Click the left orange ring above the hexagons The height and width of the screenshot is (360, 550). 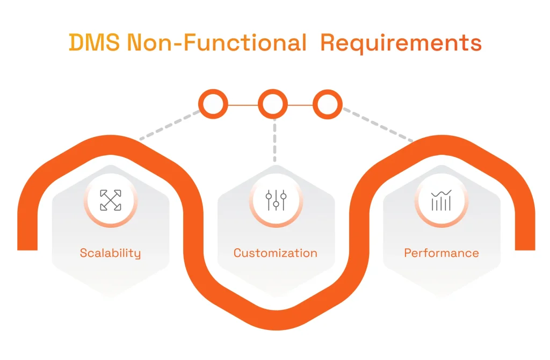[x=213, y=104]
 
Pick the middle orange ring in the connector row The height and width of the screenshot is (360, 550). [x=273, y=104]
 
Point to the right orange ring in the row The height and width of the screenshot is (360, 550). [x=328, y=104]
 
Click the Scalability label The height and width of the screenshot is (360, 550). [x=110, y=253]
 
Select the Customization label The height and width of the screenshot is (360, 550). [x=275, y=253]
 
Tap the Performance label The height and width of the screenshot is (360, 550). [x=442, y=253]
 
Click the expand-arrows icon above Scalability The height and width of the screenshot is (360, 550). [x=111, y=200]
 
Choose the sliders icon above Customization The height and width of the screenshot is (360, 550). [x=276, y=200]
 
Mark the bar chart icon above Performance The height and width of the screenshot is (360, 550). [x=441, y=200]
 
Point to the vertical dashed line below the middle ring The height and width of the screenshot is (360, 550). [x=274, y=141]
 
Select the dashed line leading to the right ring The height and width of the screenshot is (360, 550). [x=379, y=125]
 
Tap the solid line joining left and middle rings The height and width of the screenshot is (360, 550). [x=243, y=104]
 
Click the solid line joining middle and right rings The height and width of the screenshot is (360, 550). [x=300, y=104]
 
